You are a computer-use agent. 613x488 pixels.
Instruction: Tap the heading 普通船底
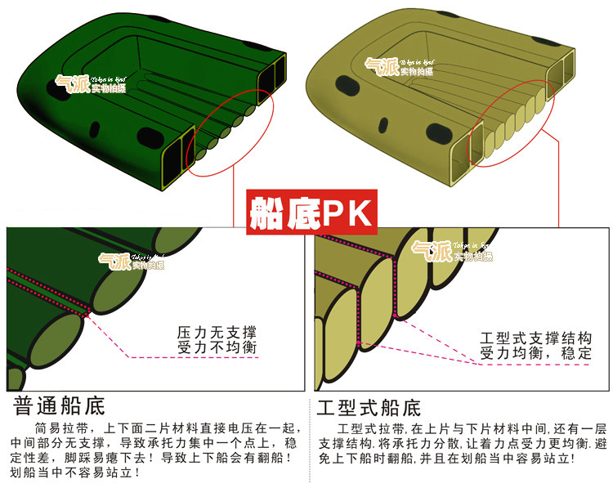pos(60,405)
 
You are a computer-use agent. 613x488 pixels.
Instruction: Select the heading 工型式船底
pos(369,406)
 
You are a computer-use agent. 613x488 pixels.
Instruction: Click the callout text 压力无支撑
pos(217,334)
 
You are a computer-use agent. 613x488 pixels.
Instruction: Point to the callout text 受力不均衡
pos(217,349)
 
